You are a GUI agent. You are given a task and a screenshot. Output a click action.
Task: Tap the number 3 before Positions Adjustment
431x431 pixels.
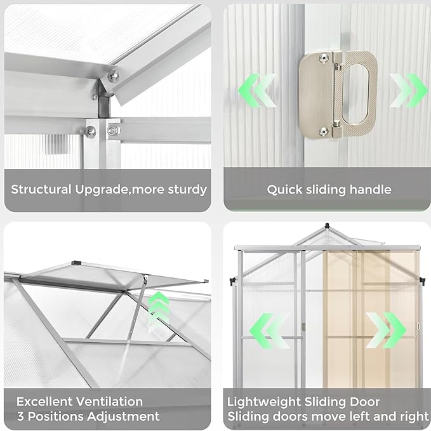click(20, 417)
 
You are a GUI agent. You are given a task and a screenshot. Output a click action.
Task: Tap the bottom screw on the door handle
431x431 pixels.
click(324, 131)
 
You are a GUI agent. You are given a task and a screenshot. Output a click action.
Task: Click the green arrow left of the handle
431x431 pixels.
click(256, 90)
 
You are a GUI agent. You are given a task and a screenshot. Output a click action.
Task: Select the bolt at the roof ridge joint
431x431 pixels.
click(113, 76)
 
